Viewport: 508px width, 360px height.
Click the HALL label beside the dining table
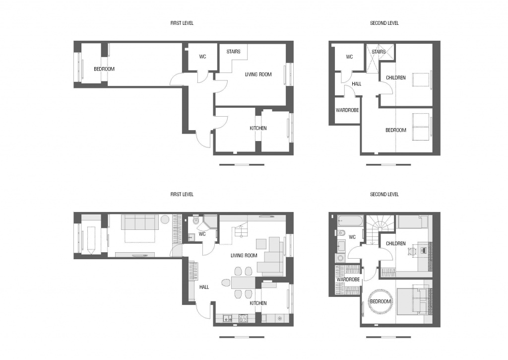(x=204, y=287)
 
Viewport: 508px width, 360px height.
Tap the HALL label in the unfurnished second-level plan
(x=356, y=84)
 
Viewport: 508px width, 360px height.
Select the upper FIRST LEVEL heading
(x=182, y=23)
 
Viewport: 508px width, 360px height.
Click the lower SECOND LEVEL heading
(x=384, y=194)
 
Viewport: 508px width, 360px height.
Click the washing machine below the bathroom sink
(x=340, y=258)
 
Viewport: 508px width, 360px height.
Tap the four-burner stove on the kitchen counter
(x=243, y=318)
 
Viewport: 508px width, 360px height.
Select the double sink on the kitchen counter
(x=226, y=318)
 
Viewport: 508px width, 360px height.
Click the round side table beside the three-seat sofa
(x=165, y=219)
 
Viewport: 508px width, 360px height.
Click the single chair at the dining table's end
(x=226, y=283)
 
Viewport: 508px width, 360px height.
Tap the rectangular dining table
(x=243, y=283)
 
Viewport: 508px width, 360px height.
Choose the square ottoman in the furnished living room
(x=261, y=244)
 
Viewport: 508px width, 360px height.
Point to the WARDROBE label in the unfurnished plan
(x=347, y=110)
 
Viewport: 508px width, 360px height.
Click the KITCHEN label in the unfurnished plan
(x=258, y=129)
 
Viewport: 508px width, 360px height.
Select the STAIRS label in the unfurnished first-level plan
(x=233, y=52)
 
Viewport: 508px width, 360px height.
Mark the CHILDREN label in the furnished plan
(x=395, y=244)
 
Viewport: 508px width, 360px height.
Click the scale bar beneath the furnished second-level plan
(x=388, y=337)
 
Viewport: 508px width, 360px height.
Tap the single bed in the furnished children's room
(x=413, y=221)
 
